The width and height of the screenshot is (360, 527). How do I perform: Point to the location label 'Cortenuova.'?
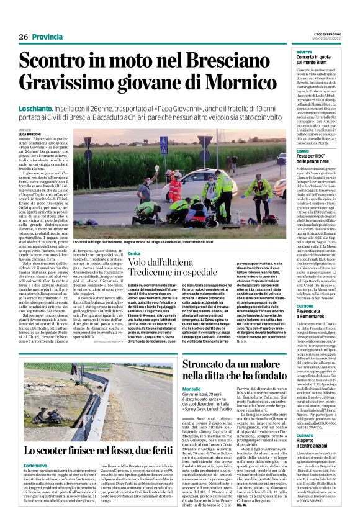[x=37, y=464]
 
